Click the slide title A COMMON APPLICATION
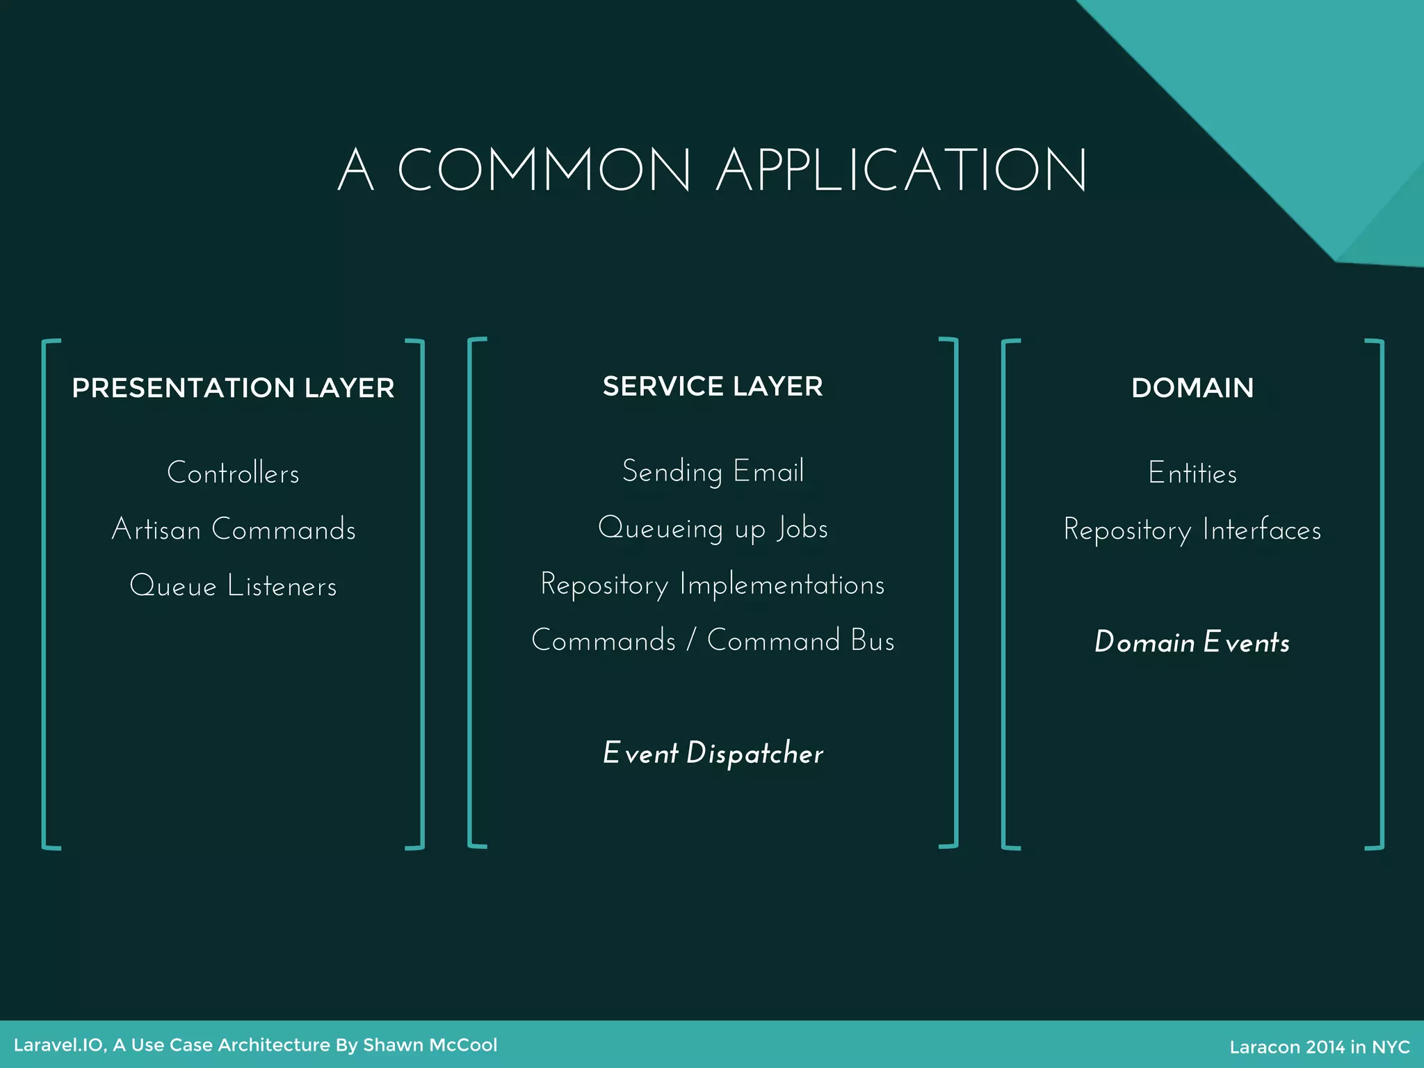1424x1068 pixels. [x=712, y=170]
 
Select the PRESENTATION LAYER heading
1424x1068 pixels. [x=233, y=388]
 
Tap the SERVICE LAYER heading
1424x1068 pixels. [x=713, y=387]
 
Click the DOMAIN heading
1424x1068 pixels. [x=1192, y=388]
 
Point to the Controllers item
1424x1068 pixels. [x=233, y=474]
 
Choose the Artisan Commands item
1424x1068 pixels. [x=234, y=530]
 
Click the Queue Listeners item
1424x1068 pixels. [x=233, y=586]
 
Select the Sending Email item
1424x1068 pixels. [x=713, y=472]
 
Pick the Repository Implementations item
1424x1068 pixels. [x=713, y=585]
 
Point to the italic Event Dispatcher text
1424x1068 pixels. [x=713, y=754]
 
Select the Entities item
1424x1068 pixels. [x=1192, y=474]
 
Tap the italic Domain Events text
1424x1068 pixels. [x=1192, y=642]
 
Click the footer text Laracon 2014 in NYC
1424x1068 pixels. [x=1319, y=1047]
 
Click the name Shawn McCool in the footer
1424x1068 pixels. [x=430, y=1045]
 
